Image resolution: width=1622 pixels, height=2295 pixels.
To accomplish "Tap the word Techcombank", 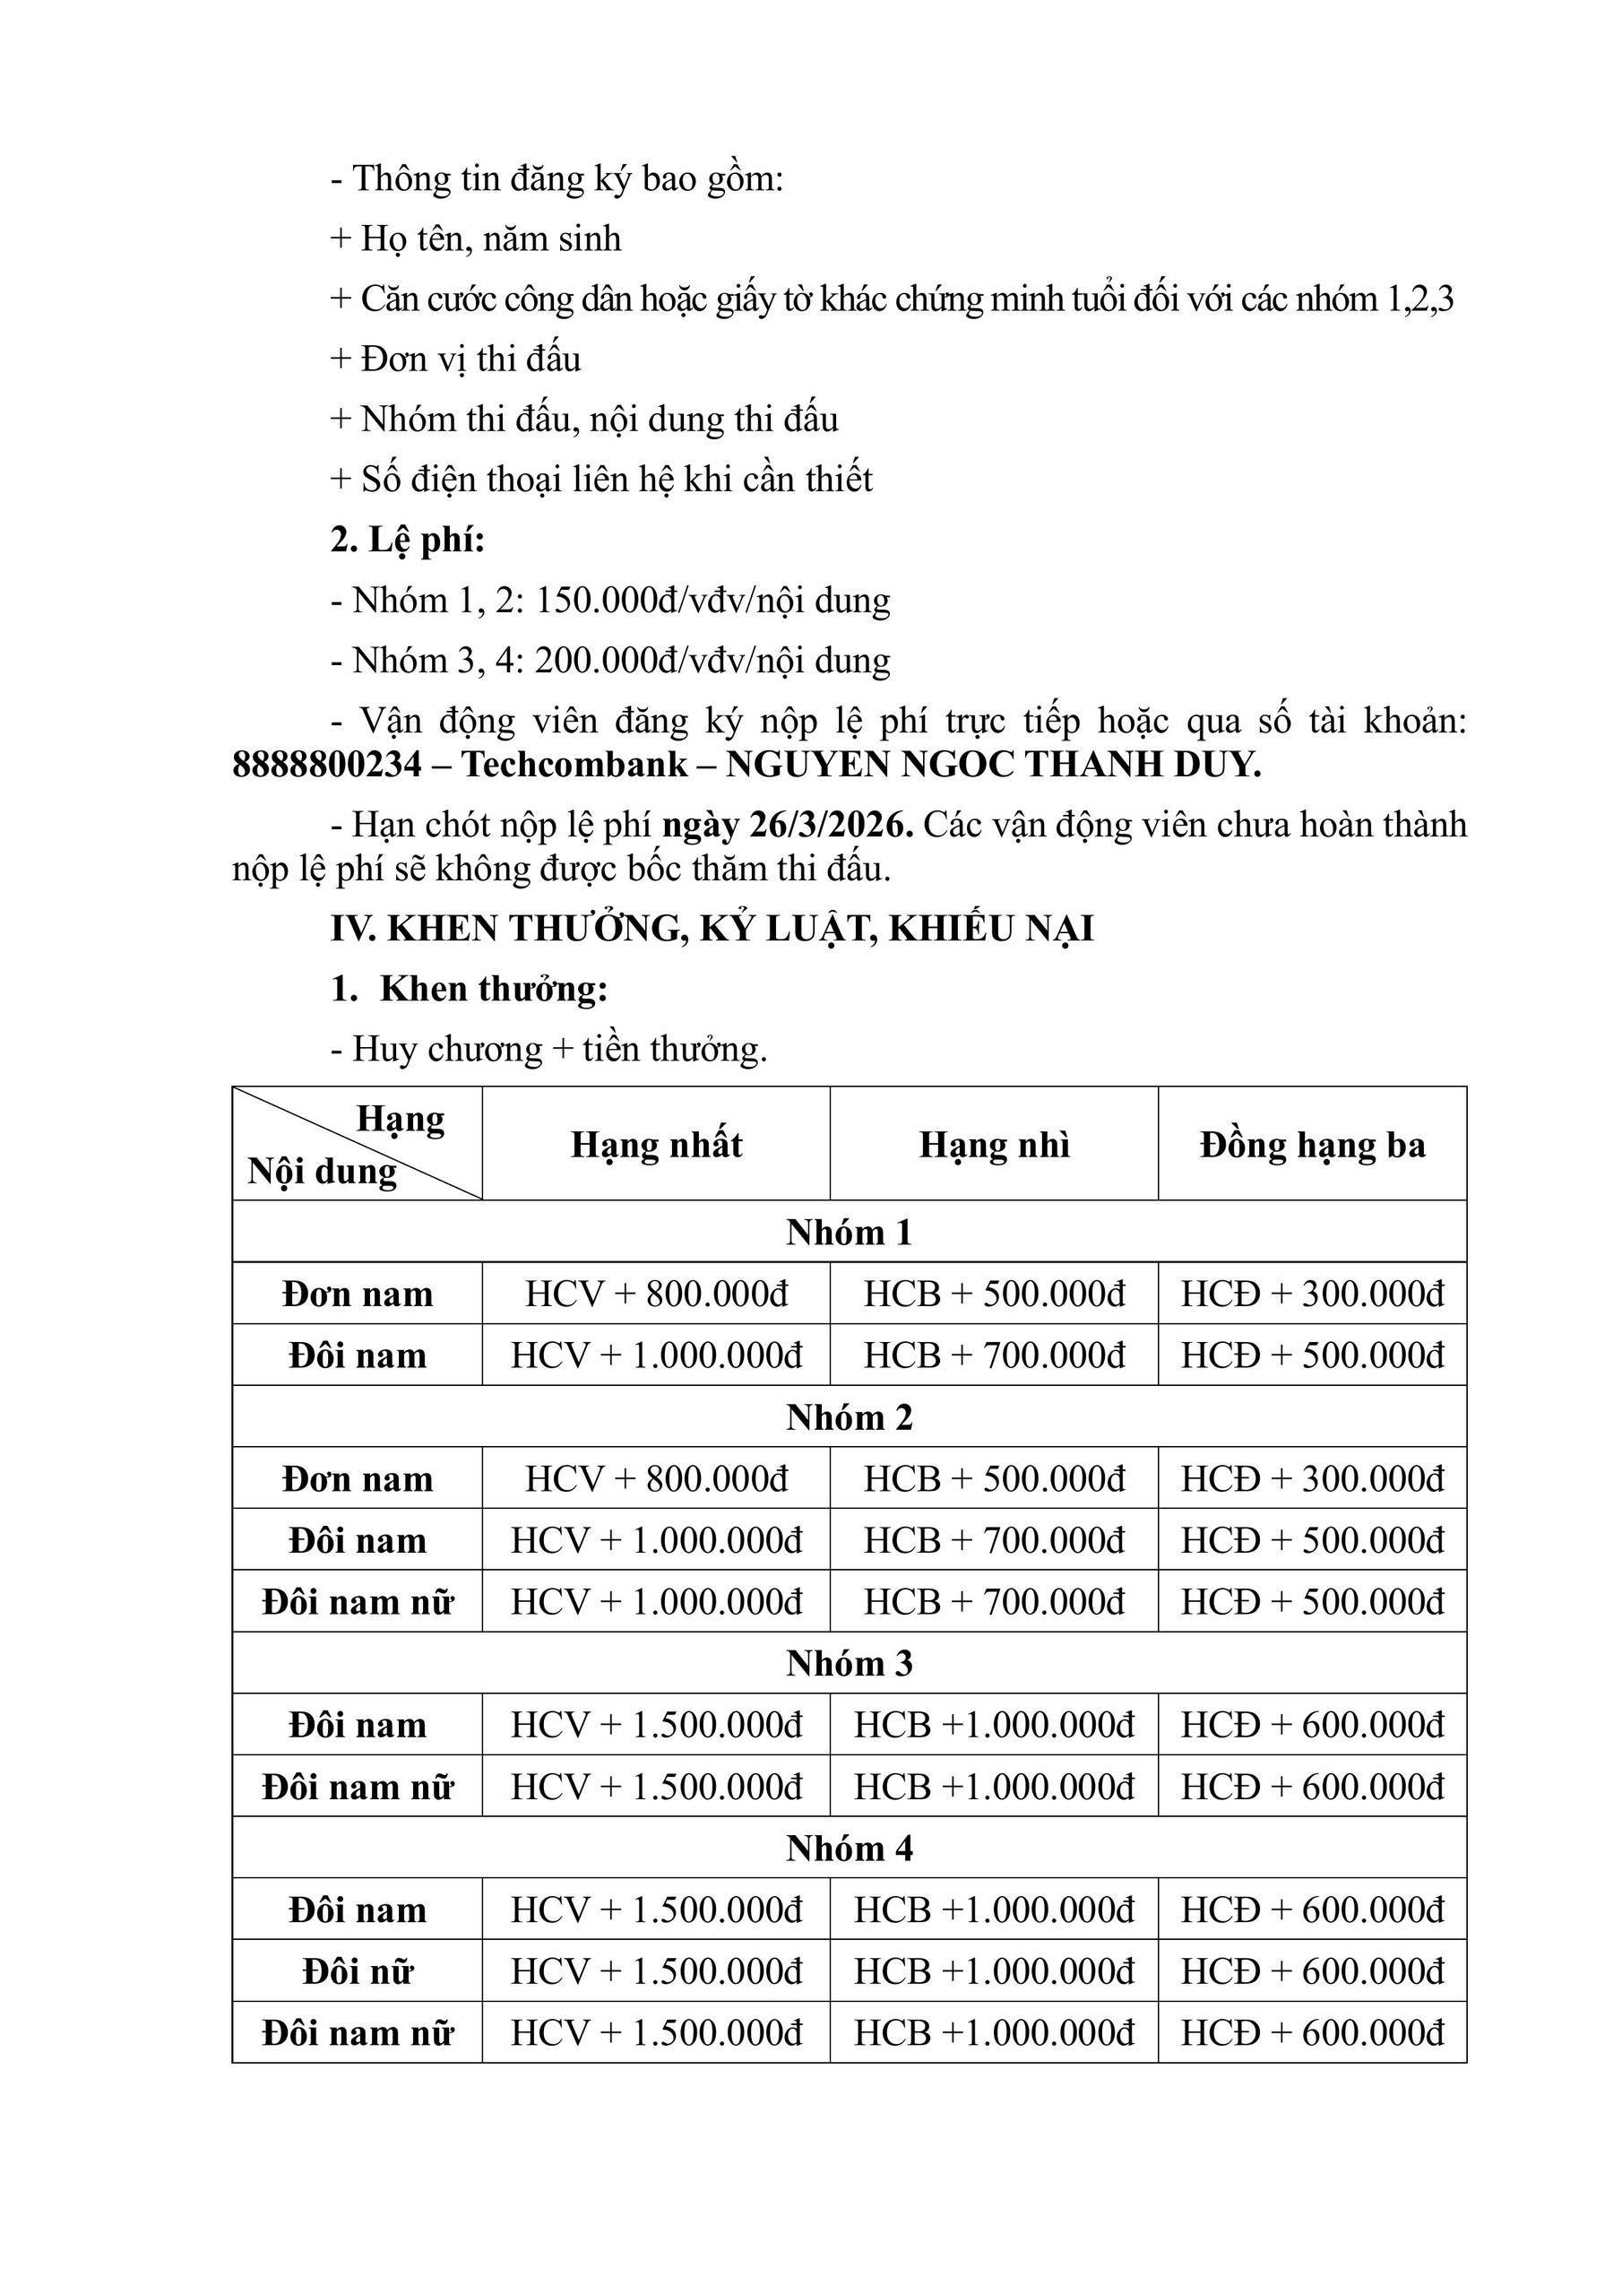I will click(x=574, y=765).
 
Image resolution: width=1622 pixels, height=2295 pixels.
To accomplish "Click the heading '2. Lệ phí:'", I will click(x=407, y=540).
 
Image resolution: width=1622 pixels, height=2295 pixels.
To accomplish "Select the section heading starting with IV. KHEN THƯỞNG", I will click(x=712, y=929).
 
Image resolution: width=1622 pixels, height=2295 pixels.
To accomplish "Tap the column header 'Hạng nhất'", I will click(x=657, y=1145).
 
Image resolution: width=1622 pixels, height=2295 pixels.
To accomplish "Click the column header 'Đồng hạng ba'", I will click(x=1312, y=1145).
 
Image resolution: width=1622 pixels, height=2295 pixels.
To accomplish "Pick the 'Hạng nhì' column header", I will click(x=995, y=1145).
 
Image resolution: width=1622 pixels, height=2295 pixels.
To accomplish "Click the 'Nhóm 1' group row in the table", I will click(x=849, y=1233).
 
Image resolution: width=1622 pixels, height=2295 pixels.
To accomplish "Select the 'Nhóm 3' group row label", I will click(x=849, y=1663).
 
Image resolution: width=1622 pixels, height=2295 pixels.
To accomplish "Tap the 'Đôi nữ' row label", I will click(x=358, y=1971).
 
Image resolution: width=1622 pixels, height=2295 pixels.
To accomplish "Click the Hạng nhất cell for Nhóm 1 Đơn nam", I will click(x=657, y=1295).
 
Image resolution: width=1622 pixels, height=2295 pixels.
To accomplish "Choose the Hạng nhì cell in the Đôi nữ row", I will click(x=995, y=1971).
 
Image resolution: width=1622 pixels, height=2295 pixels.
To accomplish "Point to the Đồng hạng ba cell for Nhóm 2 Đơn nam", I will click(x=1312, y=1478).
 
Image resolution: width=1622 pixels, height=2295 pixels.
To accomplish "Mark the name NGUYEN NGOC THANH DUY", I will click(x=994, y=765).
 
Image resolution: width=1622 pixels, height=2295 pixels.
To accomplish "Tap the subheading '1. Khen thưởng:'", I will click(x=469, y=989).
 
